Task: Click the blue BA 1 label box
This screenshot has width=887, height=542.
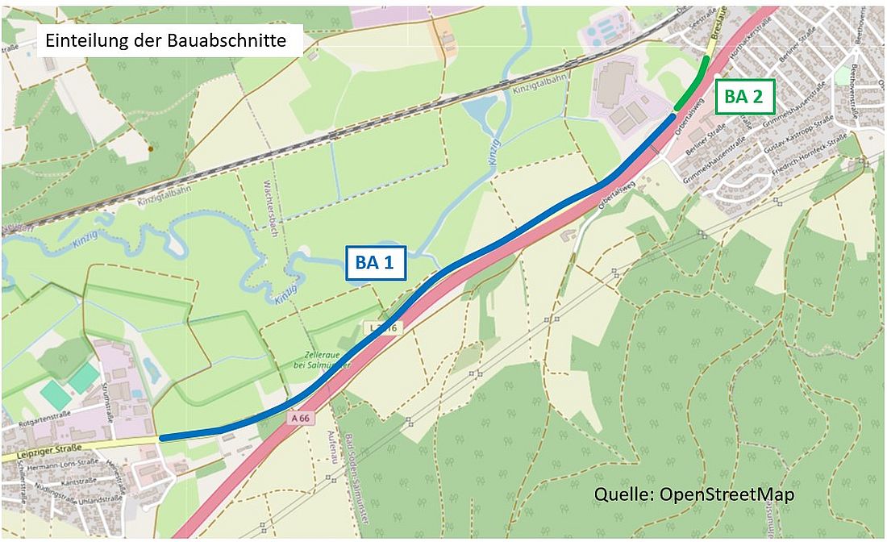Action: point(375,262)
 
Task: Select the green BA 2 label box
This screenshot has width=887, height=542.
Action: point(745,97)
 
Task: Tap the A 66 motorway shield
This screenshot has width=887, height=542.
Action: point(301,419)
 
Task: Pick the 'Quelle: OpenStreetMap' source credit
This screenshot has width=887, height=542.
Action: point(693,494)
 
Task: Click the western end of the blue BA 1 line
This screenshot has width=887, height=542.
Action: point(163,437)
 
